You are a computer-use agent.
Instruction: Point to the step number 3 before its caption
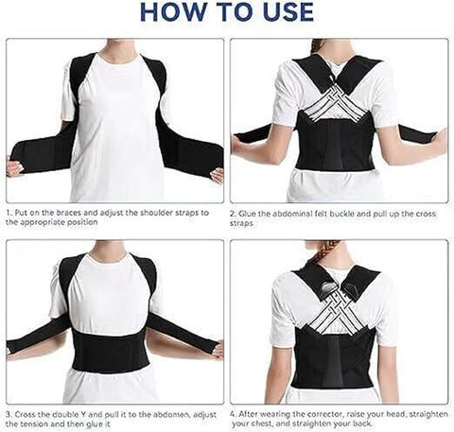[x=9, y=414]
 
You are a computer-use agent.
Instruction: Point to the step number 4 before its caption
[x=233, y=414]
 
